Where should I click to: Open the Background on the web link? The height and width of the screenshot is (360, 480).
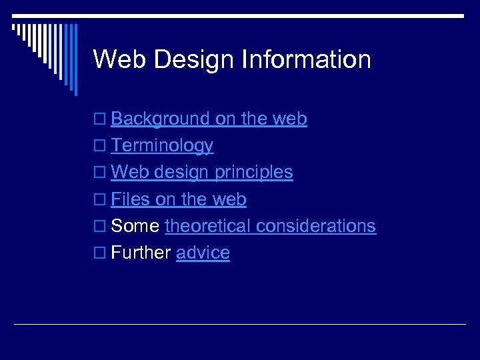[x=209, y=119]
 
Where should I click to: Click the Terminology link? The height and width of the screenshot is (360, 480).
[x=162, y=146]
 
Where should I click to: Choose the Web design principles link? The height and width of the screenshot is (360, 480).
[x=202, y=173]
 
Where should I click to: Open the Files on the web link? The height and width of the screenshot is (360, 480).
[x=179, y=199]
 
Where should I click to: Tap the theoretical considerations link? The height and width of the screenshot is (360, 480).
[x=270, y=226]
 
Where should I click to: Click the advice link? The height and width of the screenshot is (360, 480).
[x=203, y=253]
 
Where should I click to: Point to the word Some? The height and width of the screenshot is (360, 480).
[x=135, y=226]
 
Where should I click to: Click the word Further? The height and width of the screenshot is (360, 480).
[x=141, y=253]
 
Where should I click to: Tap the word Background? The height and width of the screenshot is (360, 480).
[x=160, y=119]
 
